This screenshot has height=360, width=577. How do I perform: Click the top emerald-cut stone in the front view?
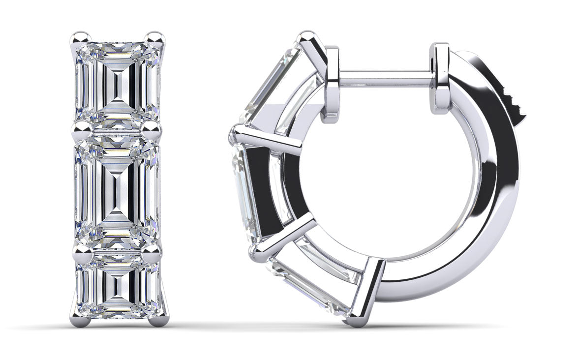(x=118, y=81)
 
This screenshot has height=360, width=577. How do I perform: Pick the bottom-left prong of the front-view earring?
(x=82, y=320)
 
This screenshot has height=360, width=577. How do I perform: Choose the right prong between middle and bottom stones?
(x=153, y=252)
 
